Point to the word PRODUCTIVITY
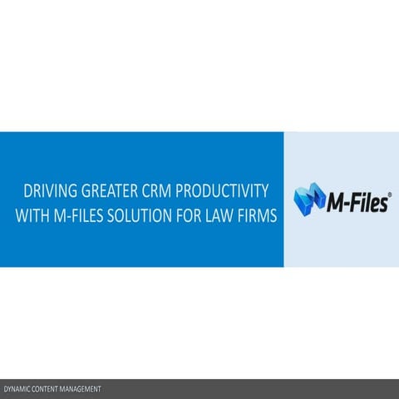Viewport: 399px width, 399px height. coord(221,191)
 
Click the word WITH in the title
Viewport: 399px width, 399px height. coord(33,214)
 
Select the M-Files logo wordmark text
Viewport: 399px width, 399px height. coord(357,202)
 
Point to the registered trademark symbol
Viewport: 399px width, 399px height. coord(389,193)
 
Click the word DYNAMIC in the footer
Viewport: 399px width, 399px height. coord(18,389)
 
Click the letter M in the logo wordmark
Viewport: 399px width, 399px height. coord(336,202)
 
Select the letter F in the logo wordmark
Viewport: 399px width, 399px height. coord(357,202)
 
